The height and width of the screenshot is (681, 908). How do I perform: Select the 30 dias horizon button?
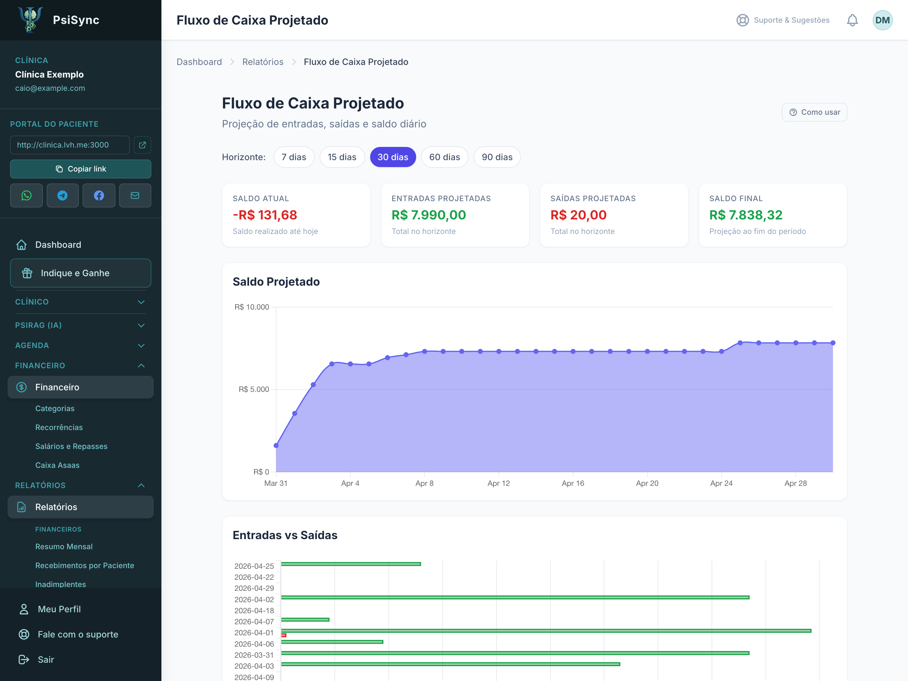pyautogui.click(x=393, y=157)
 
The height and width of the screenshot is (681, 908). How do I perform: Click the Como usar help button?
pyautogui.click(x=814, y=112)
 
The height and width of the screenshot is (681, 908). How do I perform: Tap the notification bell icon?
pyautogui.click(x=852, y=20)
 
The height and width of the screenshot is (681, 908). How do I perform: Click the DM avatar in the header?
pyautogui.click(x=882, y=20)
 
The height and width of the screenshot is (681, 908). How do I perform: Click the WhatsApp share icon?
pyautogui.click(x=26, y=195)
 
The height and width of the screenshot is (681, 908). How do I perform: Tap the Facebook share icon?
pyautogui.click(x=99, y=195)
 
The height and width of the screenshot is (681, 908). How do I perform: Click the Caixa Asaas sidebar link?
pyautogui.click(x=57, y=465)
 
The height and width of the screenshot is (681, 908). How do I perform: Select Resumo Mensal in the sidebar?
pyautogui.click(x=64, y=546)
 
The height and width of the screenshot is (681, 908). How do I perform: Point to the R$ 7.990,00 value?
pyautogui.click(x=428, y=215)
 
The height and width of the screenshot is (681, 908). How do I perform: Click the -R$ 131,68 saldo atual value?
pyautogui.click(x=265, y=215)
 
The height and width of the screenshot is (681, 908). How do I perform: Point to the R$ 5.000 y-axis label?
pyautogui.click(x=254, y=389)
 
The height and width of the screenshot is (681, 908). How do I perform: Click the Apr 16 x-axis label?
pyautogui.click(x=573, y=483)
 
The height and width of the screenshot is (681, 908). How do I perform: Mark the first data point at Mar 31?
pyautogui.click(x=276, y=445)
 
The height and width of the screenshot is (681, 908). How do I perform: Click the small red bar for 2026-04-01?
pyautogui.click(x=284, y=635)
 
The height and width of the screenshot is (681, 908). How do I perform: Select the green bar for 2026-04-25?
pyautogui.click(x=351, y=564)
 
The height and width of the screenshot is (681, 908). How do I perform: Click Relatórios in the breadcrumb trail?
pyautogui.click(x=263, y=62)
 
